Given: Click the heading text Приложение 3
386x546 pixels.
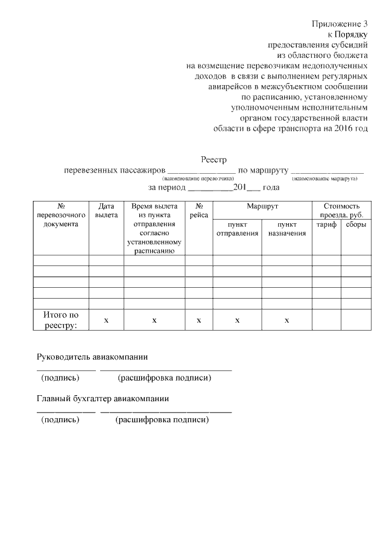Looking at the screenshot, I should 340,24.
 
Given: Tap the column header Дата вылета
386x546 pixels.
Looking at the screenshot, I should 106,210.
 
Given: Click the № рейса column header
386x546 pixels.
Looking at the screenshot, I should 198,210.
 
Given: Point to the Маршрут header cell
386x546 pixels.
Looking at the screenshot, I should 262,206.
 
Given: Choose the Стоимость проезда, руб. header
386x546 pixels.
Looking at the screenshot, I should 341,210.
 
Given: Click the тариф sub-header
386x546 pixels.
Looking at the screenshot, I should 326,224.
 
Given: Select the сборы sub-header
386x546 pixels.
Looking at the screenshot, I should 356,224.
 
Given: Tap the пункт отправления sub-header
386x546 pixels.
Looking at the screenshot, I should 237,229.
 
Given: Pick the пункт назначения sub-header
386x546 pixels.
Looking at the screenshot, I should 286,229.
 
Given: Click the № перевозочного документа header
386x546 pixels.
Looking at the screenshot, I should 61,215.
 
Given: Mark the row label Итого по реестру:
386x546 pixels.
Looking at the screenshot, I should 60,320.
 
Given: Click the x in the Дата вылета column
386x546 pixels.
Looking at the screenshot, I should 106,320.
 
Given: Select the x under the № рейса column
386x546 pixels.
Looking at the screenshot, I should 198,320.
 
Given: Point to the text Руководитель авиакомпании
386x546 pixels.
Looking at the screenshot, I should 92,357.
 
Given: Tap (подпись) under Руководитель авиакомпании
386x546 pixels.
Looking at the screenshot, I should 60,378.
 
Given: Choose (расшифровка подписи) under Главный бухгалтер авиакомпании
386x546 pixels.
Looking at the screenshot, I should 162,420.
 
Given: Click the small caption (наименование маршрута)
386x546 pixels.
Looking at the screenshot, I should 324,179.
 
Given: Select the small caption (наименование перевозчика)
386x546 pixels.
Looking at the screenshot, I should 197,179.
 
